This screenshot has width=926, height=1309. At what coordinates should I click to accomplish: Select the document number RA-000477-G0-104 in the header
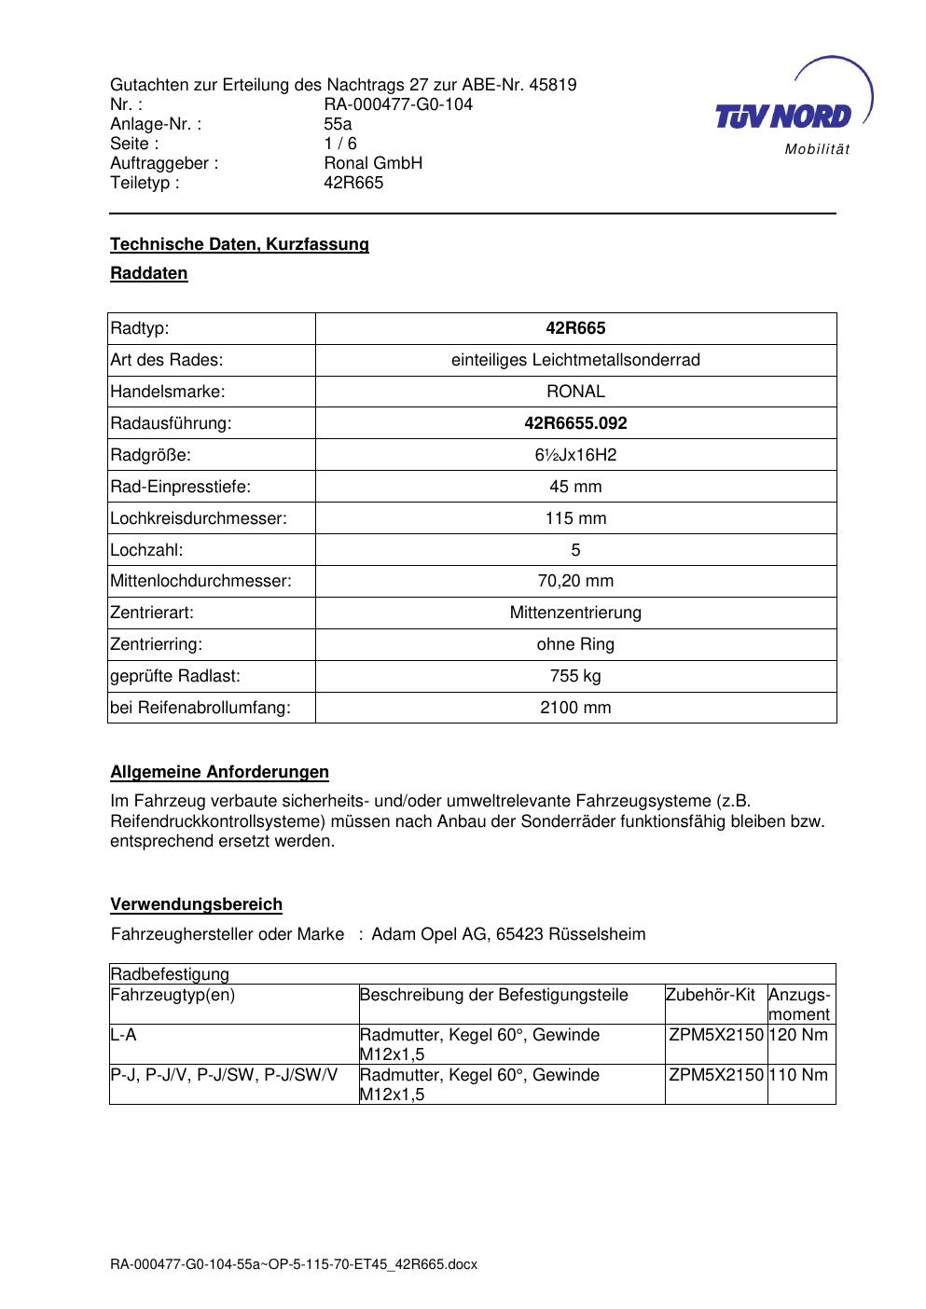tap(398, 104)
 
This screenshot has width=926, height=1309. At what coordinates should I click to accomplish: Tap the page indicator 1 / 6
tap(340, 144)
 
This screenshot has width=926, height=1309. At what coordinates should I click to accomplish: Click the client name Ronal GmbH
tap(373, 163)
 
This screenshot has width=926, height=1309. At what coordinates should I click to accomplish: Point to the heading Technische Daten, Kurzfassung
tap(240, 244)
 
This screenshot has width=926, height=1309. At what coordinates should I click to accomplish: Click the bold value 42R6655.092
tap(575, 423)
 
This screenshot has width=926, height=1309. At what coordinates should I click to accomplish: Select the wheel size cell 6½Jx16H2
tap(575, 455)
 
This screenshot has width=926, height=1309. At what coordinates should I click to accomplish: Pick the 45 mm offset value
tap(575, 487)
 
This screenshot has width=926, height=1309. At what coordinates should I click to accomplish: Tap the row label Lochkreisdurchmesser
tap(199, 518)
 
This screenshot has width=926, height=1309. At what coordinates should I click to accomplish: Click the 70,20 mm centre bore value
tap(575, 581)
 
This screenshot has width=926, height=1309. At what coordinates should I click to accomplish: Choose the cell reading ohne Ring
tap(575, 644)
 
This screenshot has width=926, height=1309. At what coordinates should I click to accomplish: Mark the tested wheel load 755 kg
tap(575, 676)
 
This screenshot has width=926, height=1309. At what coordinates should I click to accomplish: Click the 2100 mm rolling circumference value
tap(575, 708)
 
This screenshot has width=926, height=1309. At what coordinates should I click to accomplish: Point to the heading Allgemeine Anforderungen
tap(219, 772)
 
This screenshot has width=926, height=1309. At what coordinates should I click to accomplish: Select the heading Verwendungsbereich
tap(196, 904)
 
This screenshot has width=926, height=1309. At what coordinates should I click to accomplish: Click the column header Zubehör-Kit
tap(711, 995)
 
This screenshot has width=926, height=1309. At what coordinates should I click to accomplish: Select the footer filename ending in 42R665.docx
tap(294, 1264)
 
